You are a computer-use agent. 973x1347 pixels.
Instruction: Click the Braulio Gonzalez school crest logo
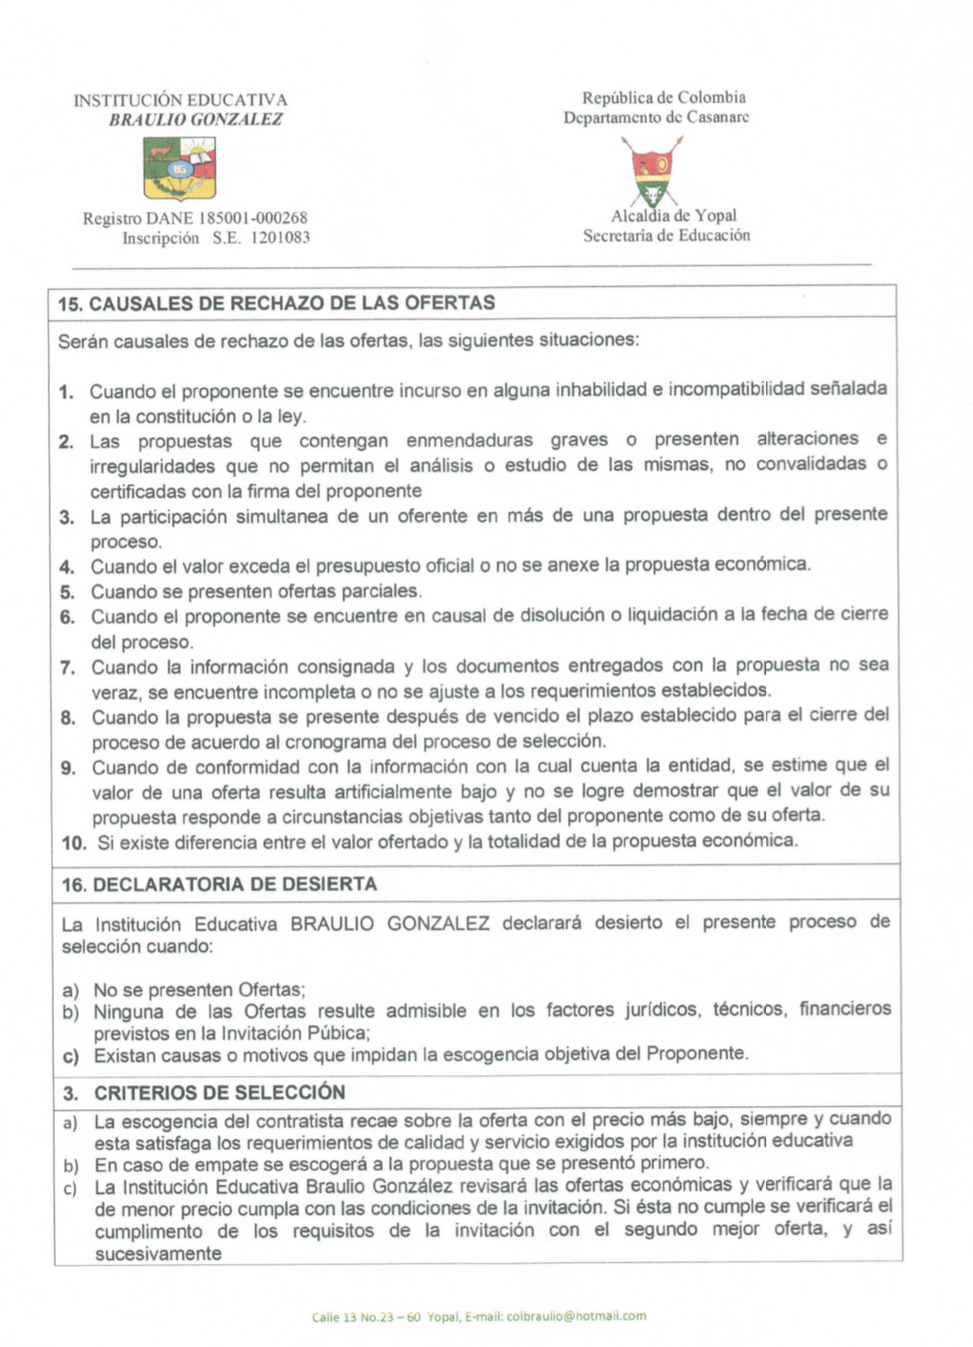pos(180,169)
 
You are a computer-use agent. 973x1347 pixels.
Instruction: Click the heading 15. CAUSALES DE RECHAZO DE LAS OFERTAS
pos(276,303)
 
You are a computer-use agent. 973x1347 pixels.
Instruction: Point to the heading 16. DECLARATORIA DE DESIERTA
pos(219,884)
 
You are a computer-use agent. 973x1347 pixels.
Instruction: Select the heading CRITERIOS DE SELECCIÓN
pos(220,1093)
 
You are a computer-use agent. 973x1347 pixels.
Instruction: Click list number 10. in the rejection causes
pos(74,842)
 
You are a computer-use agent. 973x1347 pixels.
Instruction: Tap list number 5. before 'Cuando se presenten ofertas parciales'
pos(67,592)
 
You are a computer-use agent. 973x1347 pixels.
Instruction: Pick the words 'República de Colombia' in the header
pos(664,97)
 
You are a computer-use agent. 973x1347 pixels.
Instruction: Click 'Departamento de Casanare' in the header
pos(656,117)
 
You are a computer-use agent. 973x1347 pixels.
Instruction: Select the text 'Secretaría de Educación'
pos(666,235)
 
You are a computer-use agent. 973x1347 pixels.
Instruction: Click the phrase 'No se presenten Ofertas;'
pos(200,989)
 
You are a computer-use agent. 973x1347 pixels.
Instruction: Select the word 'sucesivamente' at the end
pos(158,1254)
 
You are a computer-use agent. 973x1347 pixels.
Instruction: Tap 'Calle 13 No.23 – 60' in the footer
pos(367,1316)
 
